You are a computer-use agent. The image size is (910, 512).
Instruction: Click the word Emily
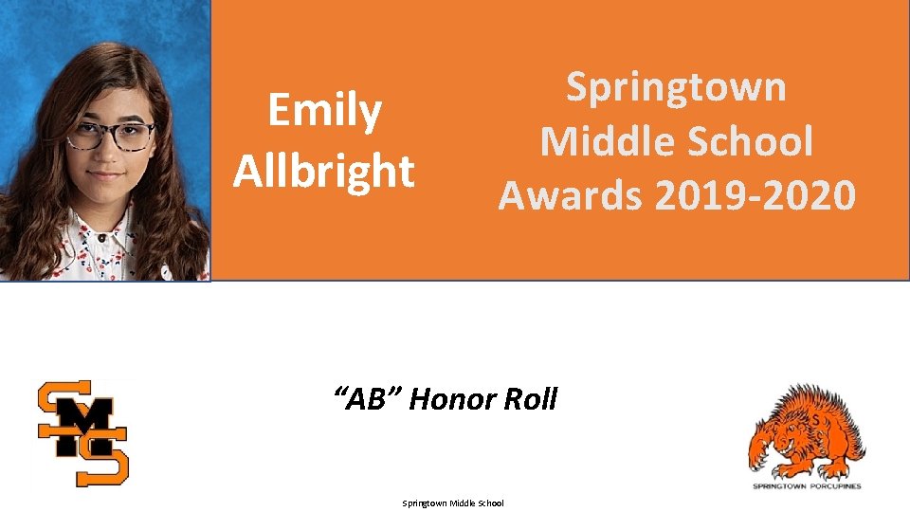click(324, 111)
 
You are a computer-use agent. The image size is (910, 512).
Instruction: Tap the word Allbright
click(324, 172)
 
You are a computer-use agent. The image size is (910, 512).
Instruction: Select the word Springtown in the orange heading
click(676, 87)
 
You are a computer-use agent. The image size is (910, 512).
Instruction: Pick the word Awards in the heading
click(572, 196)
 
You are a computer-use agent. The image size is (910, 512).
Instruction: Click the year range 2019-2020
click(755, 196)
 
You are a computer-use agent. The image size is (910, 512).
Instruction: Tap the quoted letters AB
click(371, 399)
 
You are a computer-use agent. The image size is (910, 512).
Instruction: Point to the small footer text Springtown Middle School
click(453, 503)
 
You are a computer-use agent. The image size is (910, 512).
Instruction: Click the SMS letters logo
click(82, 432)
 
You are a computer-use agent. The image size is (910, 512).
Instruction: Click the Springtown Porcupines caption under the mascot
click(808, 486)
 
